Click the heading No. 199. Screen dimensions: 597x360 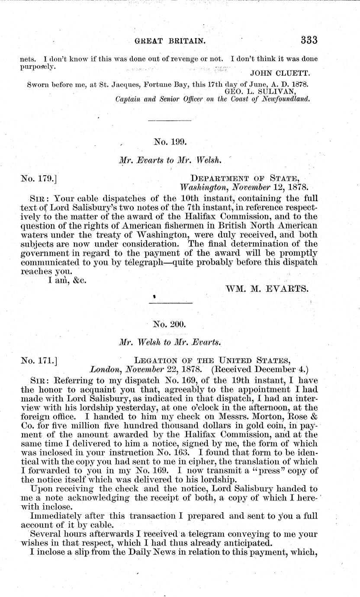pyautogui.click(x=170, y=141)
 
